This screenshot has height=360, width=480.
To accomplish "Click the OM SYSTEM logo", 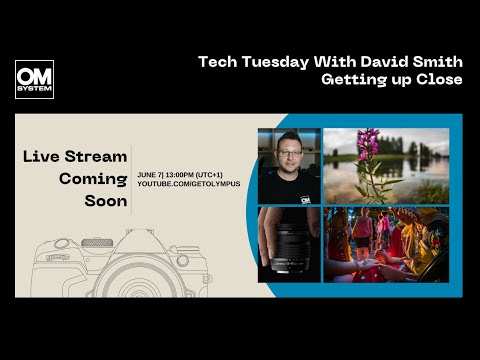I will (x=34, y=79).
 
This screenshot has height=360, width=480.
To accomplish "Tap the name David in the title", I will (x=377, y=62).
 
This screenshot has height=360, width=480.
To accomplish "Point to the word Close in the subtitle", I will (x=440, y=80).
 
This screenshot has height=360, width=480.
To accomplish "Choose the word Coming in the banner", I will (x=93, y=178).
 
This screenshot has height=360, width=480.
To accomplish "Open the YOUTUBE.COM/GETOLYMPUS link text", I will (x=189, y=185).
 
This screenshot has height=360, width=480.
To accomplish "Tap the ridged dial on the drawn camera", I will (x=97, y=242).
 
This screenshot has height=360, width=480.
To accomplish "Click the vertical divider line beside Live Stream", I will (x=132, y=178).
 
